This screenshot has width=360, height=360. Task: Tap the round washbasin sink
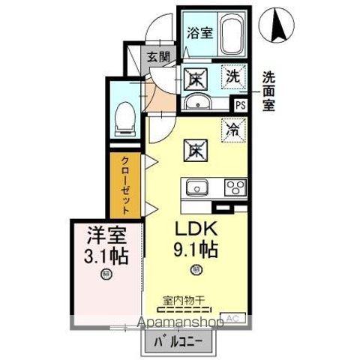[x=197, y=103]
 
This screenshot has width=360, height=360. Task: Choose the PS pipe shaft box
[x=240, y=106]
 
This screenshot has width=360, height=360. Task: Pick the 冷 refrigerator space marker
[x=233, y=128]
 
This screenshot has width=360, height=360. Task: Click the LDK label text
[x=196, y=227]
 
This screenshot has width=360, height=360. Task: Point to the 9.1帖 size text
[x=196, y=248]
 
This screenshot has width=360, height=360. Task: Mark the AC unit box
[x=232, y=318]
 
